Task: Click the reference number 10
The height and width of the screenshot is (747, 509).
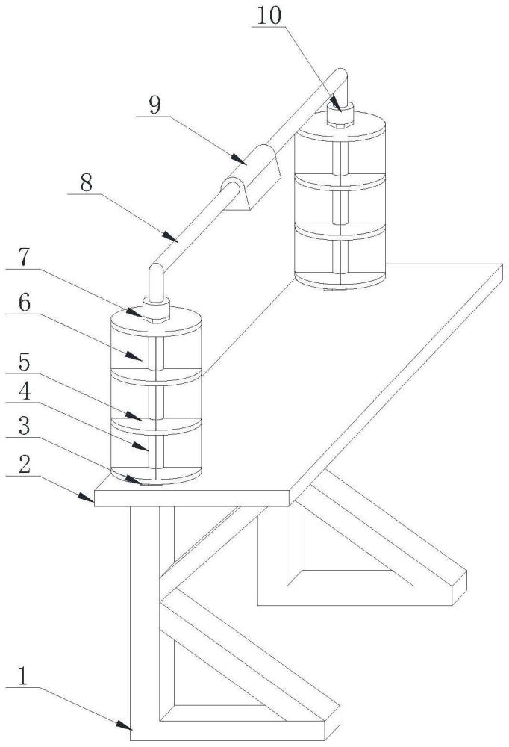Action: pos(269,16)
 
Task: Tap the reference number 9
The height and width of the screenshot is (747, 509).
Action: pos(154,105)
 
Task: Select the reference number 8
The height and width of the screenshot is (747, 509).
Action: pos(86,183)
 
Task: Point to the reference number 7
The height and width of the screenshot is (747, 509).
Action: pos(25,258)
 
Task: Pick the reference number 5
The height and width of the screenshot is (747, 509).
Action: pos(25,363)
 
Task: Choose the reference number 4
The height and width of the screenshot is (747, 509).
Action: pos(25,391)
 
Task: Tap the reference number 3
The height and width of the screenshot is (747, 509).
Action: pos(25,427)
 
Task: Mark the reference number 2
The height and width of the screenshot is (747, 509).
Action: pos(25,465)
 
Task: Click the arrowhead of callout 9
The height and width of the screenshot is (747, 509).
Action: pos(240,160)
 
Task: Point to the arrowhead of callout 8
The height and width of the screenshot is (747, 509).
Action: pos(172,237)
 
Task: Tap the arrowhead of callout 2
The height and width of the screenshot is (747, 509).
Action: pos(86,498)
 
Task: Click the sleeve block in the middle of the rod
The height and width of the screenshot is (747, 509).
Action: pos(250,177)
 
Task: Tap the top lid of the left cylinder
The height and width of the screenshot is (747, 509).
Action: pos(156,321)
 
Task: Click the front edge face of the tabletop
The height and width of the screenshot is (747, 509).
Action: pos(191,498)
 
